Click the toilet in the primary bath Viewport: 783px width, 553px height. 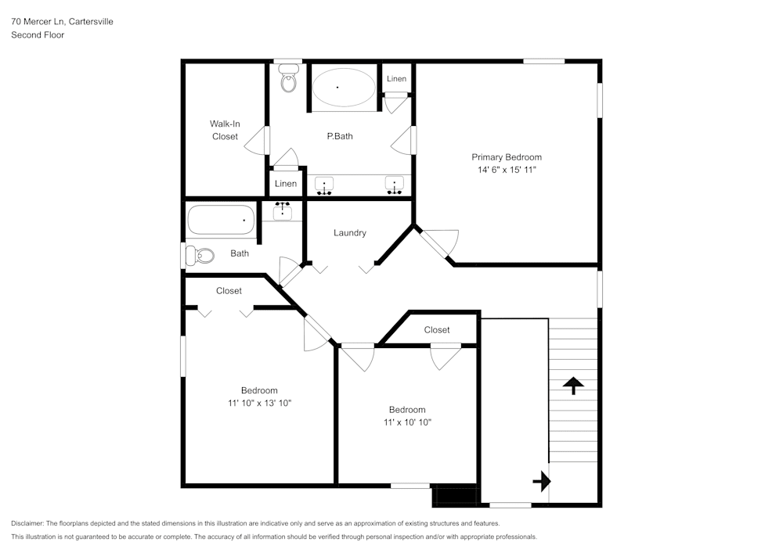[x=289, y=81]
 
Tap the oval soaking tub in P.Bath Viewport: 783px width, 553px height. [x=344, y=88]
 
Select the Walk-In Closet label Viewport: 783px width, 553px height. [x=224, y=130]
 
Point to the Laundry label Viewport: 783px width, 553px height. [x=349, y=233]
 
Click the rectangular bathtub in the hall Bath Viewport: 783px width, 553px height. [x=222, y=221]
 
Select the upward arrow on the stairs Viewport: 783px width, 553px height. [x=573, y=384]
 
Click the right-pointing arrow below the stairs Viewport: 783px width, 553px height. [x=542, y=481]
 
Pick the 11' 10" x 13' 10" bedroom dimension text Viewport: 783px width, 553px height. [x=258, y=404]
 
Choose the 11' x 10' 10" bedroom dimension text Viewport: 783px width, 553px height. [x=407, y=422]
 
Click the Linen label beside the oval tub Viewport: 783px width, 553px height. [x=396, y=79]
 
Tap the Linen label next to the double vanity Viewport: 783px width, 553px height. [x=286, y=184]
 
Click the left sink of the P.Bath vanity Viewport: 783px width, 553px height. [x=324, y=186]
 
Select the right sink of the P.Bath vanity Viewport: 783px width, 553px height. [x=395, y=186]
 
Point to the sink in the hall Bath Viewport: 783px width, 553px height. [x=283, y=210]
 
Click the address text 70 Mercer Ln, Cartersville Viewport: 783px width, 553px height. [x=62, y=22]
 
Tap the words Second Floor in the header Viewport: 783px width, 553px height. [x=38, y=35]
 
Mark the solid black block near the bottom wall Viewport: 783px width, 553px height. [x=455, y=496]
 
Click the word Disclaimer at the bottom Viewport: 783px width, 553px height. [x=27, y=523]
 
